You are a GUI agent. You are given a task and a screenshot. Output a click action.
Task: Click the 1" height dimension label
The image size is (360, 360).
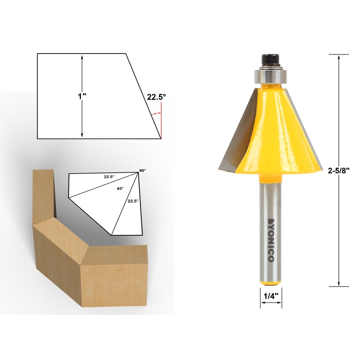click(82, 96)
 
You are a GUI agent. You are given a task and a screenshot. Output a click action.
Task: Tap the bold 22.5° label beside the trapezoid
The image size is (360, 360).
click(156, 97)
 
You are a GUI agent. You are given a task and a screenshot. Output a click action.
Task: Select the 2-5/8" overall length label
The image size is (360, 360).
click(338, 171)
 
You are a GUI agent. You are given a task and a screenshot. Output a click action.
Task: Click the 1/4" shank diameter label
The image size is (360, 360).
click(271, 296)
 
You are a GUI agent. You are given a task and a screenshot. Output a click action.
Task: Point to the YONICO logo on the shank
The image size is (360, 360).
click(271, 240)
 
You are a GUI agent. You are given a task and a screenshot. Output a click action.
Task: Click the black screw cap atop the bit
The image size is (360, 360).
click(270, 60)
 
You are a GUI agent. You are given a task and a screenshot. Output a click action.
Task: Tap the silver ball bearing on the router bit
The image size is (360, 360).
click(270, 75)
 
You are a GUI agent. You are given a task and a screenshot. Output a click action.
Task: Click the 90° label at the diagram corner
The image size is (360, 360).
click(143, 171)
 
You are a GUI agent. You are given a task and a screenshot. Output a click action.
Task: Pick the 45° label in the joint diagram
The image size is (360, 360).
click(120, 188)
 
